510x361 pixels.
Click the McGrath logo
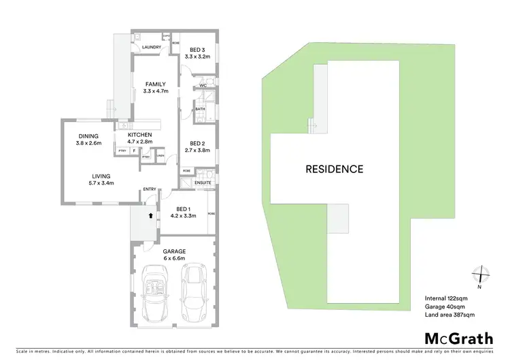[459, 339]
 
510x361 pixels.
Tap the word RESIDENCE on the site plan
[334, 169]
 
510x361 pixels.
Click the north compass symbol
[481, 274]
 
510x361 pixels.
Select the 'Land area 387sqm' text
[449, 315]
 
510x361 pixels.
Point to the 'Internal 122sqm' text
[446, 298]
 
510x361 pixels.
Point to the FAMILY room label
[156, 85]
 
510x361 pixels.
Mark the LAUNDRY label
[151, 47]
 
